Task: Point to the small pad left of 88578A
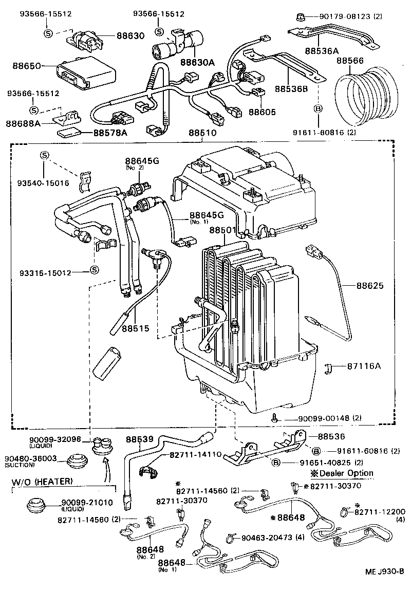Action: [68, 133]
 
